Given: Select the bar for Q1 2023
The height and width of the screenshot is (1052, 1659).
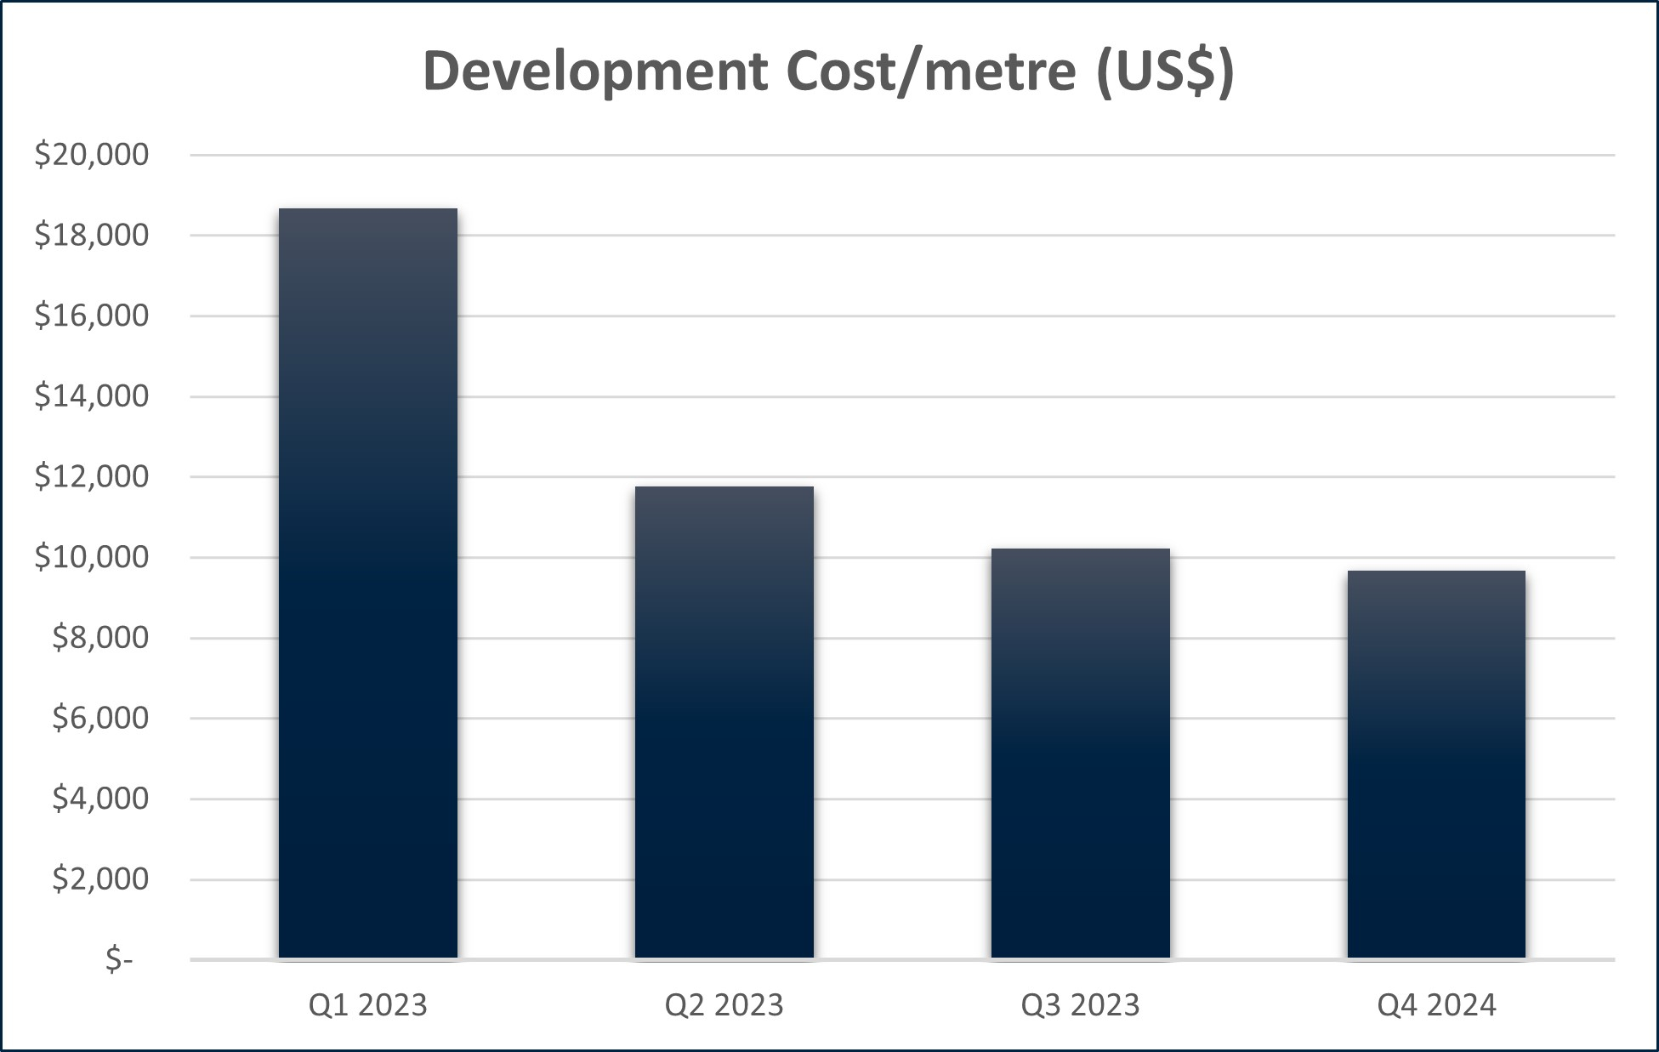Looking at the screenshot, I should click(x=367, y=583).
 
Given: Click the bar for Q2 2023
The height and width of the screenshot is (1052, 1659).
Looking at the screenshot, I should click(x=724, y=722).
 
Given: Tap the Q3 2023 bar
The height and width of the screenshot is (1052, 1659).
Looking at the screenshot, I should click(x=1080, y=753).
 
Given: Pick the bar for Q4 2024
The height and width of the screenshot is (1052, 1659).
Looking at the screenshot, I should click(x=1436, y=764).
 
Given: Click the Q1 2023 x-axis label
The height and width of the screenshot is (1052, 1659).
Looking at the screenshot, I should click(x=367, y=1005).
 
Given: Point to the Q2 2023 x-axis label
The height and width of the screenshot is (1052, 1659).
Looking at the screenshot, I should click(x=724, y=1005).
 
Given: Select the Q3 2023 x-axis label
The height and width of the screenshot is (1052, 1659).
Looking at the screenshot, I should click(x=1080, y=1005).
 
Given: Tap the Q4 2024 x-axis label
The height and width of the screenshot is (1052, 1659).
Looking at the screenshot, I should click(x=1436, y=1005).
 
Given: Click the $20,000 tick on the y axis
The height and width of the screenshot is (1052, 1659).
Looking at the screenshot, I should click(x=91, y=155).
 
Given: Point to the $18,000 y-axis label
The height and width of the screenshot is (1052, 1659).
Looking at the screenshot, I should click(x=91, y=236).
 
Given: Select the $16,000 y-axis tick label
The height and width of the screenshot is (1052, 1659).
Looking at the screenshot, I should click(x=91, y=316).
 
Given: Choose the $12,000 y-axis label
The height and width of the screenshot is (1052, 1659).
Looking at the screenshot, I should click(x=91, y=476).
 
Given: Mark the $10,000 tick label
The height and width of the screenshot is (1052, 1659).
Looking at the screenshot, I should click(x=91, y=557).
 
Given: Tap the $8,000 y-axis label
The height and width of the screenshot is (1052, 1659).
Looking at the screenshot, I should click(x=99, y=638).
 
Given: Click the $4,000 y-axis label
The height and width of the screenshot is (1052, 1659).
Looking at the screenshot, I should click(x=99, y=799).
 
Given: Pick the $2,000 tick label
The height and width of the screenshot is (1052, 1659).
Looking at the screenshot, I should click(x=99, y=879).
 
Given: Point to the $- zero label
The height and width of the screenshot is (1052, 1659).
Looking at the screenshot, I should click(x=119, y=959).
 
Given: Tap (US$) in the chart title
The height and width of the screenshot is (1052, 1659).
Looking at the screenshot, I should click(x=1165, y=71).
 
